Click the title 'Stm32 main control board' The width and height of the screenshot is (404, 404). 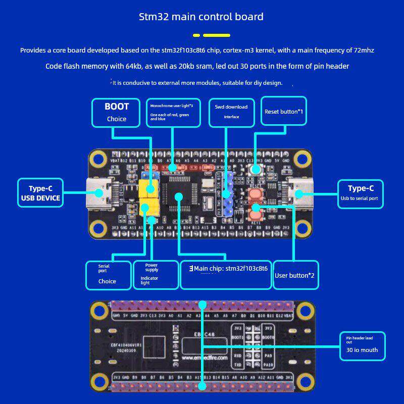click(x=201, y=17)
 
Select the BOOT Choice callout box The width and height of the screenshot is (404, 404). click(x=116, y=113)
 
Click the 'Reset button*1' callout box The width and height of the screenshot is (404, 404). click(x=284, y=112)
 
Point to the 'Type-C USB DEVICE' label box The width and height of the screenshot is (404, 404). click(x=40, y=192)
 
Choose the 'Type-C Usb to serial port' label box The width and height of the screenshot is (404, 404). click(x=360, y=194)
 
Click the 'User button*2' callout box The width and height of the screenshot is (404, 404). click(x=295, y=275)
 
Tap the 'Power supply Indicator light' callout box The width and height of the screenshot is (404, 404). click(x=156, y=275)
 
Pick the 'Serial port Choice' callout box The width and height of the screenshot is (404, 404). click(x=108, y=275)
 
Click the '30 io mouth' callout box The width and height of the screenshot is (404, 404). click(x=362, y=345)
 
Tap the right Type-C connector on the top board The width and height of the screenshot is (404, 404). click(x=298, y=193)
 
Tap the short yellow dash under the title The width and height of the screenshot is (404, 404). click(x=196, y=35)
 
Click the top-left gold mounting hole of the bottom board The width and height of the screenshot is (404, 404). click(x=100, y=310)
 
